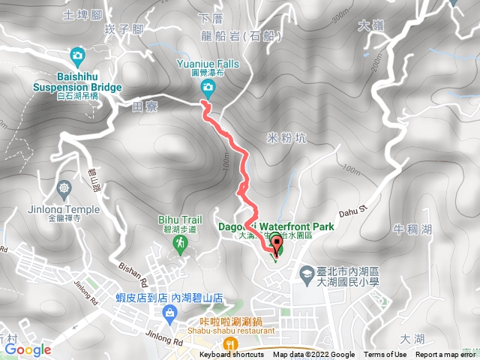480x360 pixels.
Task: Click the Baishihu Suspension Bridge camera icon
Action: tap(77, 55)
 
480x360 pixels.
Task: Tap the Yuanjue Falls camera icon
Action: tap(208, 88)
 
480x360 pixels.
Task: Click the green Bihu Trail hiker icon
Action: tap(180, 243)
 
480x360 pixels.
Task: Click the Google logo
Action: tap(27, 349)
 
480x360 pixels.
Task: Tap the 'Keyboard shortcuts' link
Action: tap(232, 355)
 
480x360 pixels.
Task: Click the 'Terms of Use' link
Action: tap(385, 355)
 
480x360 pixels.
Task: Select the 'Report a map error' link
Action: tap(446, 355)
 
